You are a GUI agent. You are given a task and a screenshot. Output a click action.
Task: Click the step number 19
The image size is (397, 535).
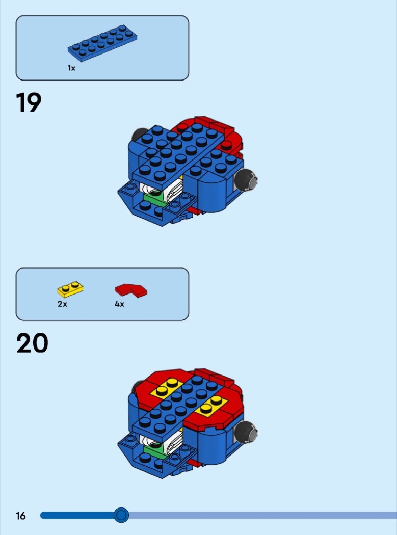tap(29, 102)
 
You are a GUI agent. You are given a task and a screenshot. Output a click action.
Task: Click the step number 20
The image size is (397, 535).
tap(32, 343)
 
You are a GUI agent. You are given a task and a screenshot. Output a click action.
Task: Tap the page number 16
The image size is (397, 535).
tap(20, 516)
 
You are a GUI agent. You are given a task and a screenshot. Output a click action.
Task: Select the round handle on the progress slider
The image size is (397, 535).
tap(121, 515)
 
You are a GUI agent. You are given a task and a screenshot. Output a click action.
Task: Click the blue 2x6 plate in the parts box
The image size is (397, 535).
tap(102, 43)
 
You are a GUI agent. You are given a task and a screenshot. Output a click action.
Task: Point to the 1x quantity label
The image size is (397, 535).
tap(71, 68)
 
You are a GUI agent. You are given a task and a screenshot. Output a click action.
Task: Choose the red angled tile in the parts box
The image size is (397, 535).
tap(131, 290)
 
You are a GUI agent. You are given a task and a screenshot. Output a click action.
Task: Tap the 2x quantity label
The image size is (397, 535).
tap(62, 304)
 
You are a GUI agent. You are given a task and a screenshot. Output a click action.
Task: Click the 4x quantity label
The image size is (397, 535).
tap(119, 304)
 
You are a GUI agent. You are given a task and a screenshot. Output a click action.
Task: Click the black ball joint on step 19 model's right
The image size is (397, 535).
tap(246, 179)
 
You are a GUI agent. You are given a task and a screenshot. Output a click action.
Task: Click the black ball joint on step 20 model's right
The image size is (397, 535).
tap(246, 432)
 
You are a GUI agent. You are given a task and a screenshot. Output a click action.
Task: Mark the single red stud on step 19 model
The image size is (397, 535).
tap(226, 145)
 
